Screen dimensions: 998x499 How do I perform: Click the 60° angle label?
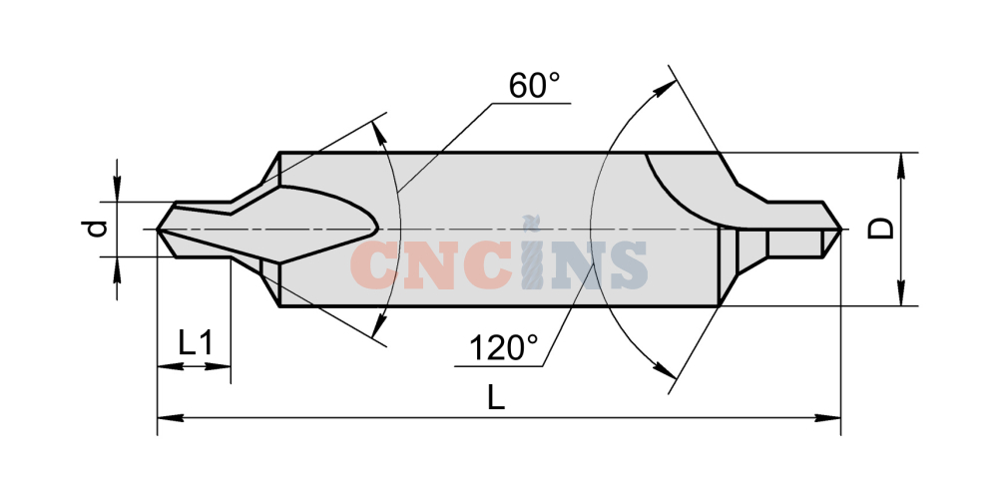point(534,85)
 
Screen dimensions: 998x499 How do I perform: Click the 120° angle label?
point(503,348)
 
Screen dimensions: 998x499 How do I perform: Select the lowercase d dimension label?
point(98,229)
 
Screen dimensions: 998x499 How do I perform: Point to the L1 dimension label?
point(196,344)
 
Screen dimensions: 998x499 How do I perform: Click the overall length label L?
point(496,398)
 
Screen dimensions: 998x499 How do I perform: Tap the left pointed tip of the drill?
point(158,230)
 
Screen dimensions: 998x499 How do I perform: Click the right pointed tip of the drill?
point(840,230)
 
